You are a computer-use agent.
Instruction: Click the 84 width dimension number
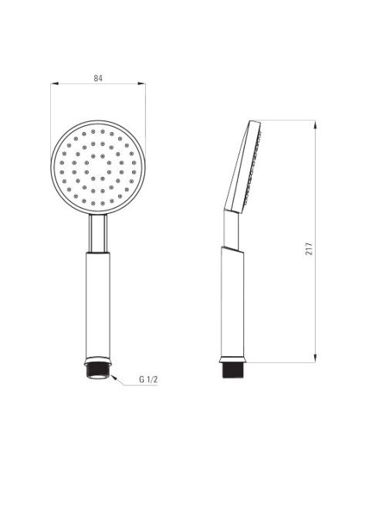coord(98,78)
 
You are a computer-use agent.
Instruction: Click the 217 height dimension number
coord(309,249)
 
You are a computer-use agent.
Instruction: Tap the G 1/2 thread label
coord(148,379)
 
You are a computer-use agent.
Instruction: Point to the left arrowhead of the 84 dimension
coord(54,83)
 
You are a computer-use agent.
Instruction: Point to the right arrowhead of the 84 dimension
coord(141,83)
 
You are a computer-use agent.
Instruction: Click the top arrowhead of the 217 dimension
coord(315,124)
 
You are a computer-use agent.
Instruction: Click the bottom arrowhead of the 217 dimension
coord(315,358)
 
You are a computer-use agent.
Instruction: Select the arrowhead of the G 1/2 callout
coord(114,377)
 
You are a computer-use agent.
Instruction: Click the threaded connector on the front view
coord(98,372)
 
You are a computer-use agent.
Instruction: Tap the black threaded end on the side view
coord(232,370)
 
